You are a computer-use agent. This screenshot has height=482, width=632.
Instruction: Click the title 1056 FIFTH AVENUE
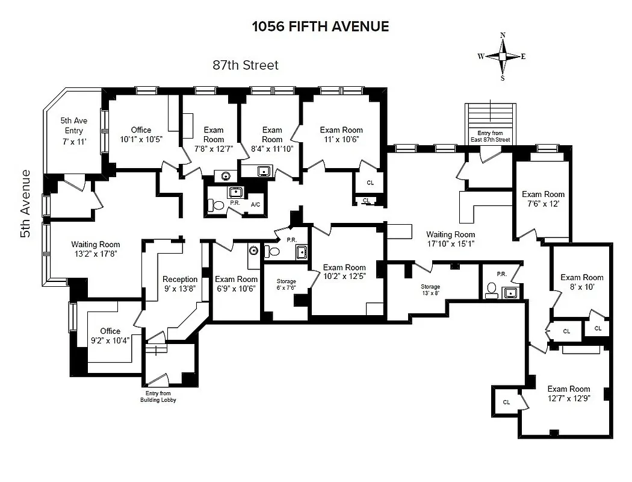point(320,27)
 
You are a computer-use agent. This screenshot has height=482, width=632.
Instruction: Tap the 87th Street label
point(246,65)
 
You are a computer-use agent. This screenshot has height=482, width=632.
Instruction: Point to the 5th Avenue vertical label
point(25,203)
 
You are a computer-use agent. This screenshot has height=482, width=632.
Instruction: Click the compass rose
point(503,56)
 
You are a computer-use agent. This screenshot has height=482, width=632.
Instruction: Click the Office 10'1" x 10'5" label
point(141,134)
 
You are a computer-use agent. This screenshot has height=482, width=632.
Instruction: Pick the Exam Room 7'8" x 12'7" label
point(213,139)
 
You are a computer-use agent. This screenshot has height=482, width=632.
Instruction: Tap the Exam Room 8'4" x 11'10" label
point(272,139)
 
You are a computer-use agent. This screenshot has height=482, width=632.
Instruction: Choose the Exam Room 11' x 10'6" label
point(341,134)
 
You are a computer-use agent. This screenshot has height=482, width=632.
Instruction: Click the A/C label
point(255,205)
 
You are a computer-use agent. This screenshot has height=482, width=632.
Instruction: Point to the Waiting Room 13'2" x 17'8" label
point(96,249)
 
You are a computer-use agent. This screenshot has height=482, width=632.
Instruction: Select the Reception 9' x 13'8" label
point(180,284)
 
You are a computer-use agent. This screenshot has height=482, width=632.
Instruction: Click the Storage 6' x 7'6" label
point(286,284)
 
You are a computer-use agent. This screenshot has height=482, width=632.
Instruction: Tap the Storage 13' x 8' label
point(430,290)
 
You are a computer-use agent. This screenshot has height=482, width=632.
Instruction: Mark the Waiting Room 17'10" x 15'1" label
point(450,239)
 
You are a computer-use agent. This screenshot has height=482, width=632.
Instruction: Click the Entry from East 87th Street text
point(490,136)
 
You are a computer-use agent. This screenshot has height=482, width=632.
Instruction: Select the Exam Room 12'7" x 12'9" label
point(568,393)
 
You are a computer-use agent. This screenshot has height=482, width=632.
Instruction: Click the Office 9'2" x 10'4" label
point(110,336)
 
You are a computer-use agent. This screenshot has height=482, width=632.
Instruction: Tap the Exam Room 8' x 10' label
point(581,283)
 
